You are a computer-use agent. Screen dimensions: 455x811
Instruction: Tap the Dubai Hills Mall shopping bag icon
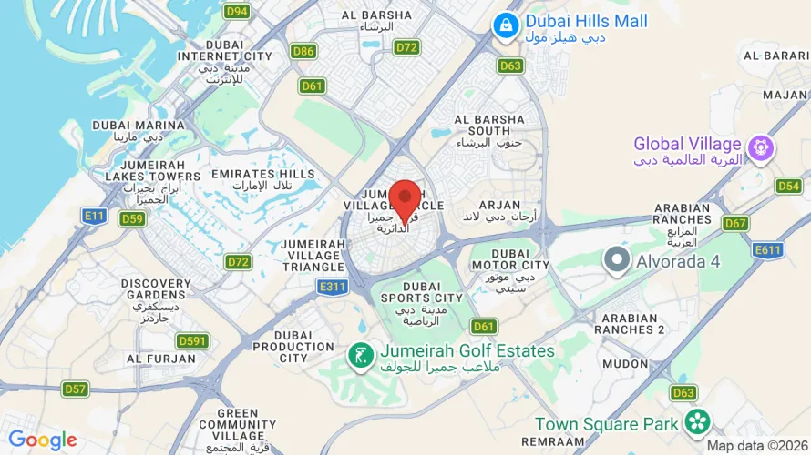point(503,26)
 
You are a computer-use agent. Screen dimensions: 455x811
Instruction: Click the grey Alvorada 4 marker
point(617,261)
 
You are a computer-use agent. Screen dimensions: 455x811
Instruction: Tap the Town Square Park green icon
point(698,421)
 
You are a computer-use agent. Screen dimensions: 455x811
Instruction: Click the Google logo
point(42,440)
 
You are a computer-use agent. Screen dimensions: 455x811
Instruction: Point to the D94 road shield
point(237,11)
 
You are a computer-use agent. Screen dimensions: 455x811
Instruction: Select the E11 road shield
point(93,216)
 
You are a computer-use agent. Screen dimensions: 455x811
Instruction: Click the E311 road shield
point(333,287)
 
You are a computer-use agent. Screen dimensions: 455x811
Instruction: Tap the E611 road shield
point(768,249)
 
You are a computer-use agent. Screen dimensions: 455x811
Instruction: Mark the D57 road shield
point(76,389)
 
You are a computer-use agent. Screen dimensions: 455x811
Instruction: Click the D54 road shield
point(788,186)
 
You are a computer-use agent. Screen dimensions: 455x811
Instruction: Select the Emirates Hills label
point(262,173)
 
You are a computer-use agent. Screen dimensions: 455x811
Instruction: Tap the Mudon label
point(623,362)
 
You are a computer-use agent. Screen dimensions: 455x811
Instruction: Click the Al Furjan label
point(161,359)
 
